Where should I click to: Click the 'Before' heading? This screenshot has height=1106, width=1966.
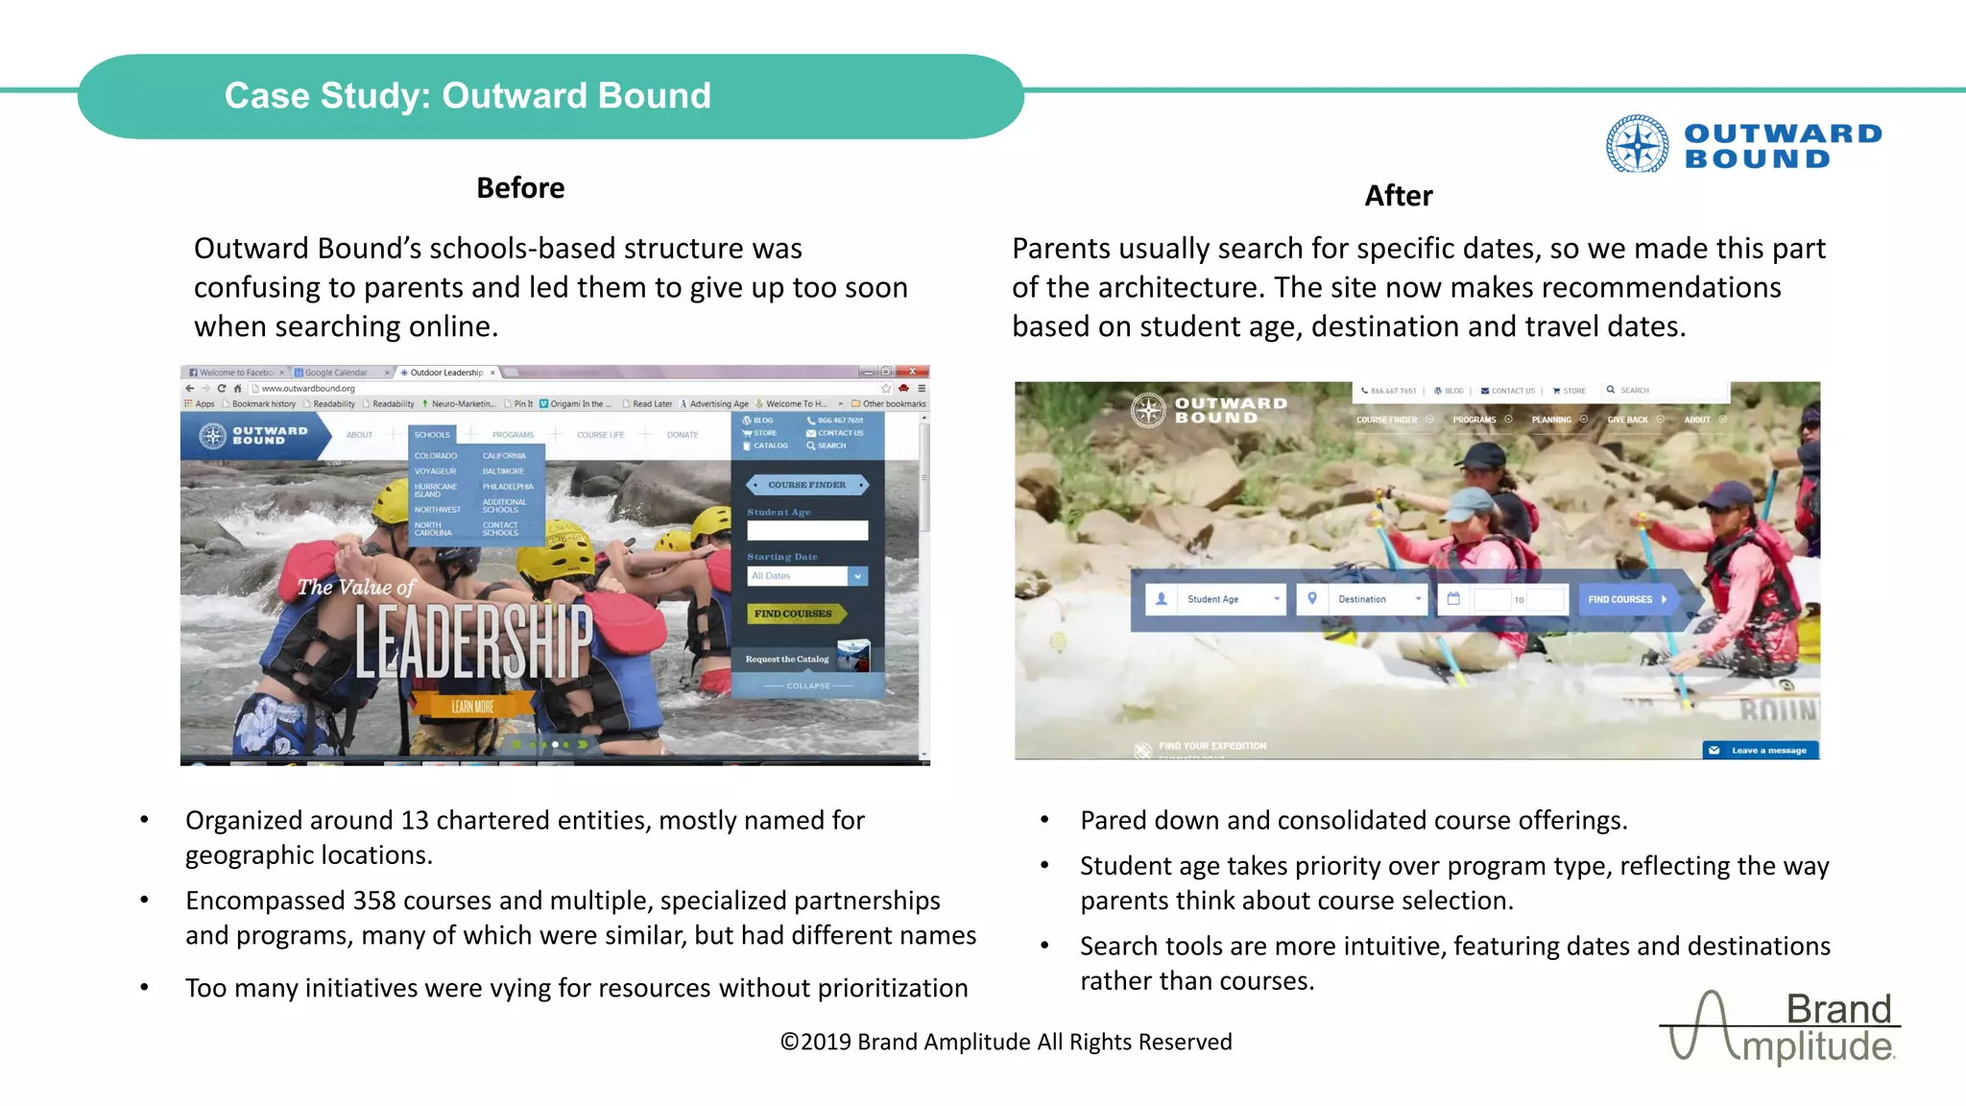(x=520, y=188)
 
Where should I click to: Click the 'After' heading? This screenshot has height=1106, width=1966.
(x=1398, y=196)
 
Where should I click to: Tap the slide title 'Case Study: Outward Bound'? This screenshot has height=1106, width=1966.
(x=468, y=96)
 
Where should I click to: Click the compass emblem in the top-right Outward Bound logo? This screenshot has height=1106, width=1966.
(x=1637, y=144)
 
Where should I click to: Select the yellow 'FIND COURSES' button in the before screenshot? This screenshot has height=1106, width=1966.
(x=794, y=613)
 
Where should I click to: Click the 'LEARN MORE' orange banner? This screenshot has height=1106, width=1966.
(x=472, y=707)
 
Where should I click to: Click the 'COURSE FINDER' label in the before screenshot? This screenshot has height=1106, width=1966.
(x=806, y=485)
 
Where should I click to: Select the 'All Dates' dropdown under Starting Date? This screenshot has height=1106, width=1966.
(x=806, y=576)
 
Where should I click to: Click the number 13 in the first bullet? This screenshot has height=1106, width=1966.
(x=415, y=821)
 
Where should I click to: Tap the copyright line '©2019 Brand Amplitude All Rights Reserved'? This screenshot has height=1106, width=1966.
(x=1005, y=1042)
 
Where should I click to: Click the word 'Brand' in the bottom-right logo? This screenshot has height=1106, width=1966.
(x=1837, y=1009)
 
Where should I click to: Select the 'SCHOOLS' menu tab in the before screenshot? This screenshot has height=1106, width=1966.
(x=432, y=435)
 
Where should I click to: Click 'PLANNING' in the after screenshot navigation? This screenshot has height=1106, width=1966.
(x=1551, y=420)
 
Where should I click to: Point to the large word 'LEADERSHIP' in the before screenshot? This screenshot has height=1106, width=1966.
(x=474, y=641)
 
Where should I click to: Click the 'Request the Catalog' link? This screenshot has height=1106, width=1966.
(x=787, y=659)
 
